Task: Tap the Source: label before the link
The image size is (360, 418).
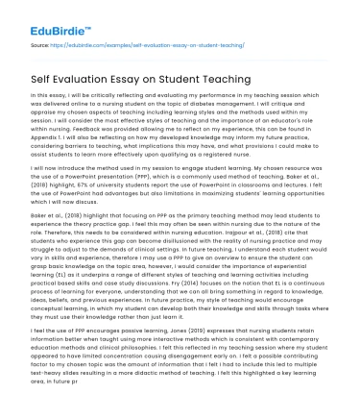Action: click(40, 43)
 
